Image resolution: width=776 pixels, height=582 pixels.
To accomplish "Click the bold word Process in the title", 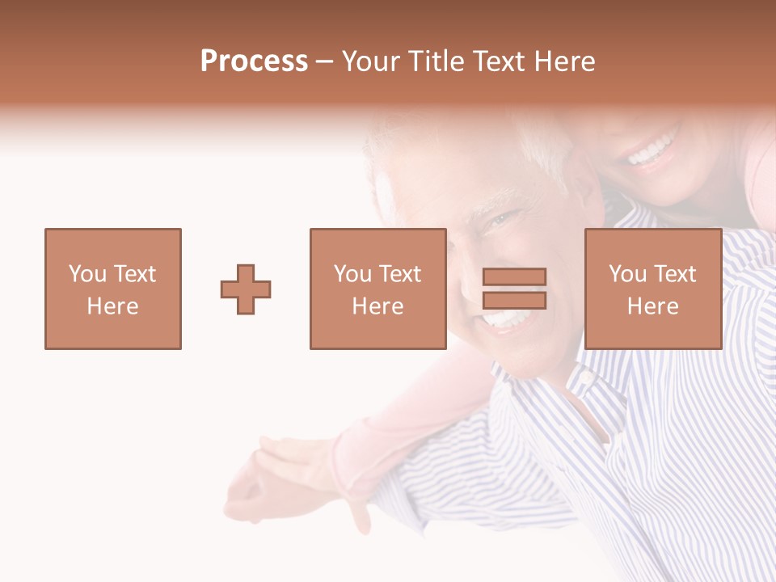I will [254, 61].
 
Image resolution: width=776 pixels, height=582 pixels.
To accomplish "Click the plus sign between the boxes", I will [246, 289].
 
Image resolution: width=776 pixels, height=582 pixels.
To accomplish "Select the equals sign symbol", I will [514, 289].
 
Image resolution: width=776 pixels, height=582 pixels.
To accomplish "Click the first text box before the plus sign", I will [113, 289].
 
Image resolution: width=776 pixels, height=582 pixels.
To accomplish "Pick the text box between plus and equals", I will [377, 289].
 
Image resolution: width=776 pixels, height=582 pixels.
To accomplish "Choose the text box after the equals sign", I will [652, 289].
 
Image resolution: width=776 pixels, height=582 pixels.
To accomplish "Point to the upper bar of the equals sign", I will [514, 277].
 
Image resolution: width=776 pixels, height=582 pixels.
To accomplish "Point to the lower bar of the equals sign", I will [514, 301].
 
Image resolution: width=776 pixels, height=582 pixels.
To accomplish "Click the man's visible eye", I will [499, 218].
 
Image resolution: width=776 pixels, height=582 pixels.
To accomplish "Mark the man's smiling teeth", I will [505, 320].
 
